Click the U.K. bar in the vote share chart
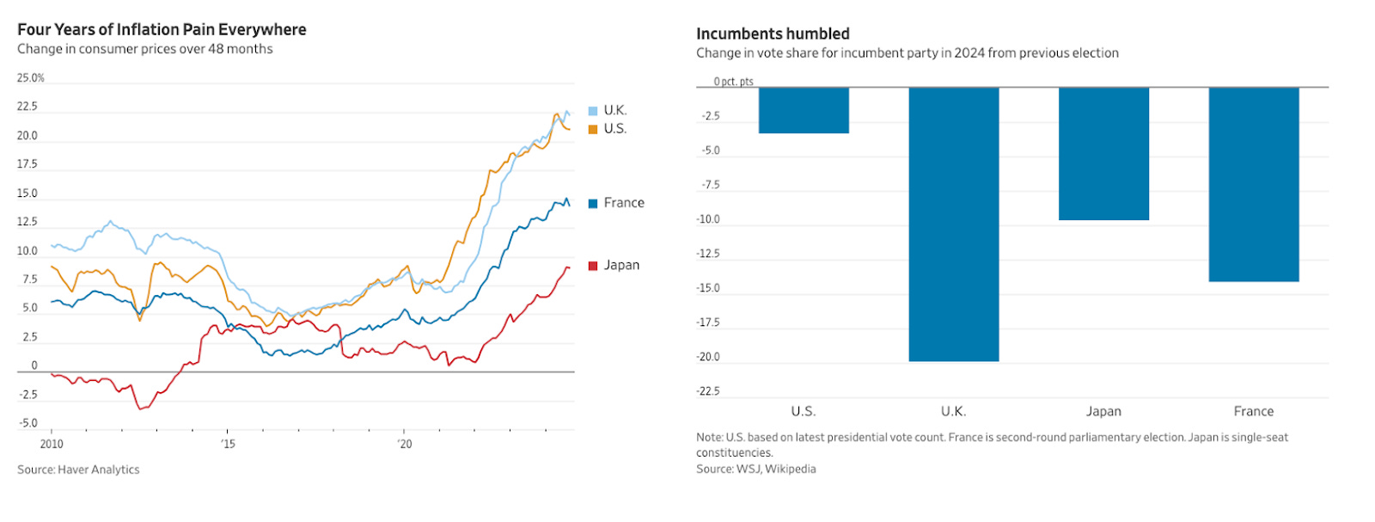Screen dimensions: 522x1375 pos(954,224)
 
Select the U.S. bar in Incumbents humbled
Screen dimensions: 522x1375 pos(804,110)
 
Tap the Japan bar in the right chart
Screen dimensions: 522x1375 pos(1103,153)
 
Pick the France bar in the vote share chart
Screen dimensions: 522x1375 pos(1253,184)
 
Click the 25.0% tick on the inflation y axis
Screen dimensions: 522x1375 pos(30,78)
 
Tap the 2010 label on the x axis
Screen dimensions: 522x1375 pos(52,444)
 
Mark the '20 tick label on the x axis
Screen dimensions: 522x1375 pos(404,444)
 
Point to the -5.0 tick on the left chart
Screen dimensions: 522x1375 pos(28,423)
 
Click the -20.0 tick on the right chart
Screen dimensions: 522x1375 pos(708,357)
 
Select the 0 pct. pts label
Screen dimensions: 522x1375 pos(733,82)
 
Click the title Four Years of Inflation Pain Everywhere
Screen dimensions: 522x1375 pos(162,29)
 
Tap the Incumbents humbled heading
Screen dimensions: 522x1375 pos(773,34)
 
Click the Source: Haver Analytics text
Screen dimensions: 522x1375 pos(78,470)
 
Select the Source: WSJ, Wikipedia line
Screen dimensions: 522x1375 pos(756,469)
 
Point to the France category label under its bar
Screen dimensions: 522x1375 pos(1253,411)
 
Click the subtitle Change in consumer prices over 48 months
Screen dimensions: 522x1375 pos(145,49)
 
